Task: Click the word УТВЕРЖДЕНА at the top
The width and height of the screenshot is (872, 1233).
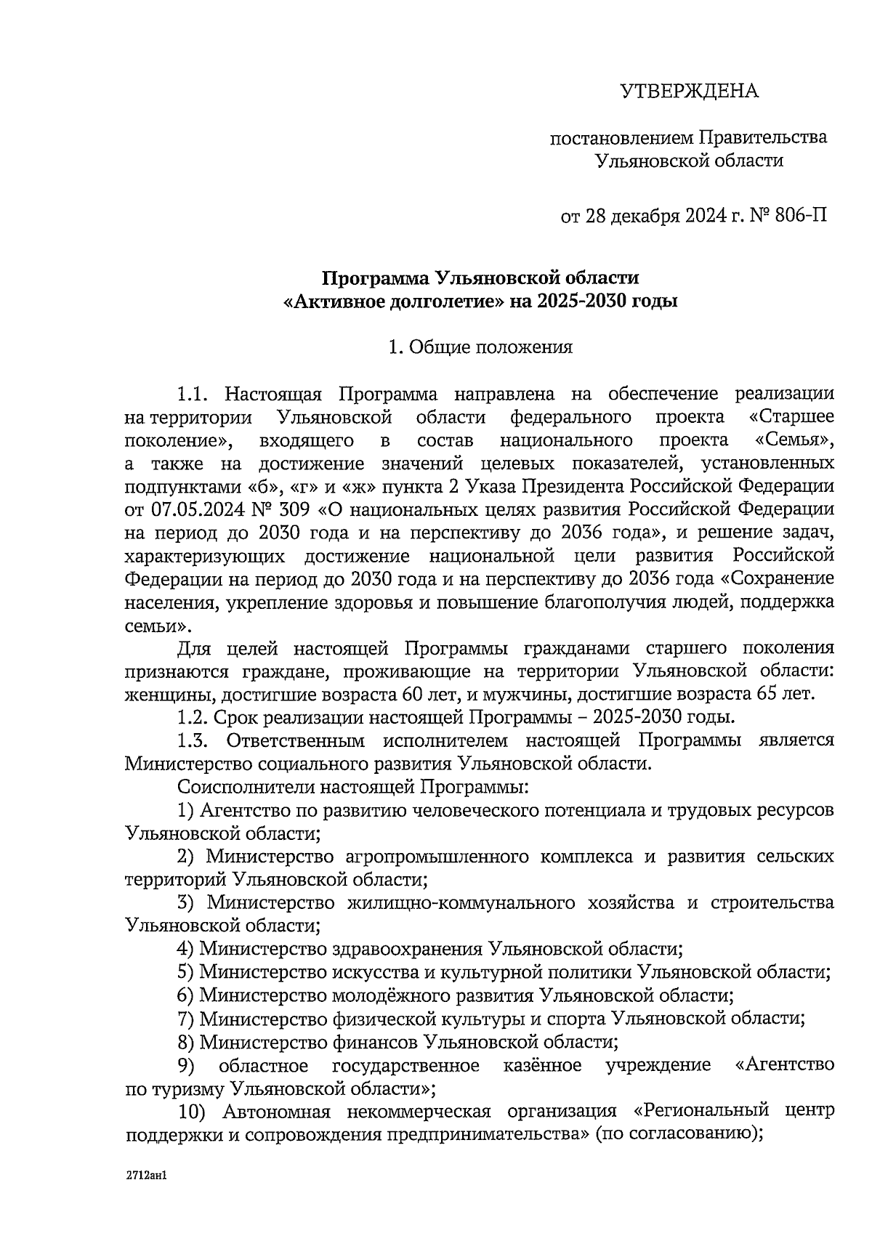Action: (x=688, y=92)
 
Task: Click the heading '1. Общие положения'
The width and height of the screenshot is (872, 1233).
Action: (x=480, y=347)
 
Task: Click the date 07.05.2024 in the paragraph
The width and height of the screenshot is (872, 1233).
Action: (x=194, y=509)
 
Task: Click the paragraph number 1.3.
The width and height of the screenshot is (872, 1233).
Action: (x=194, y=741)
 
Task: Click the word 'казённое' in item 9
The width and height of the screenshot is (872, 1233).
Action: (x=541, y=1065)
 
